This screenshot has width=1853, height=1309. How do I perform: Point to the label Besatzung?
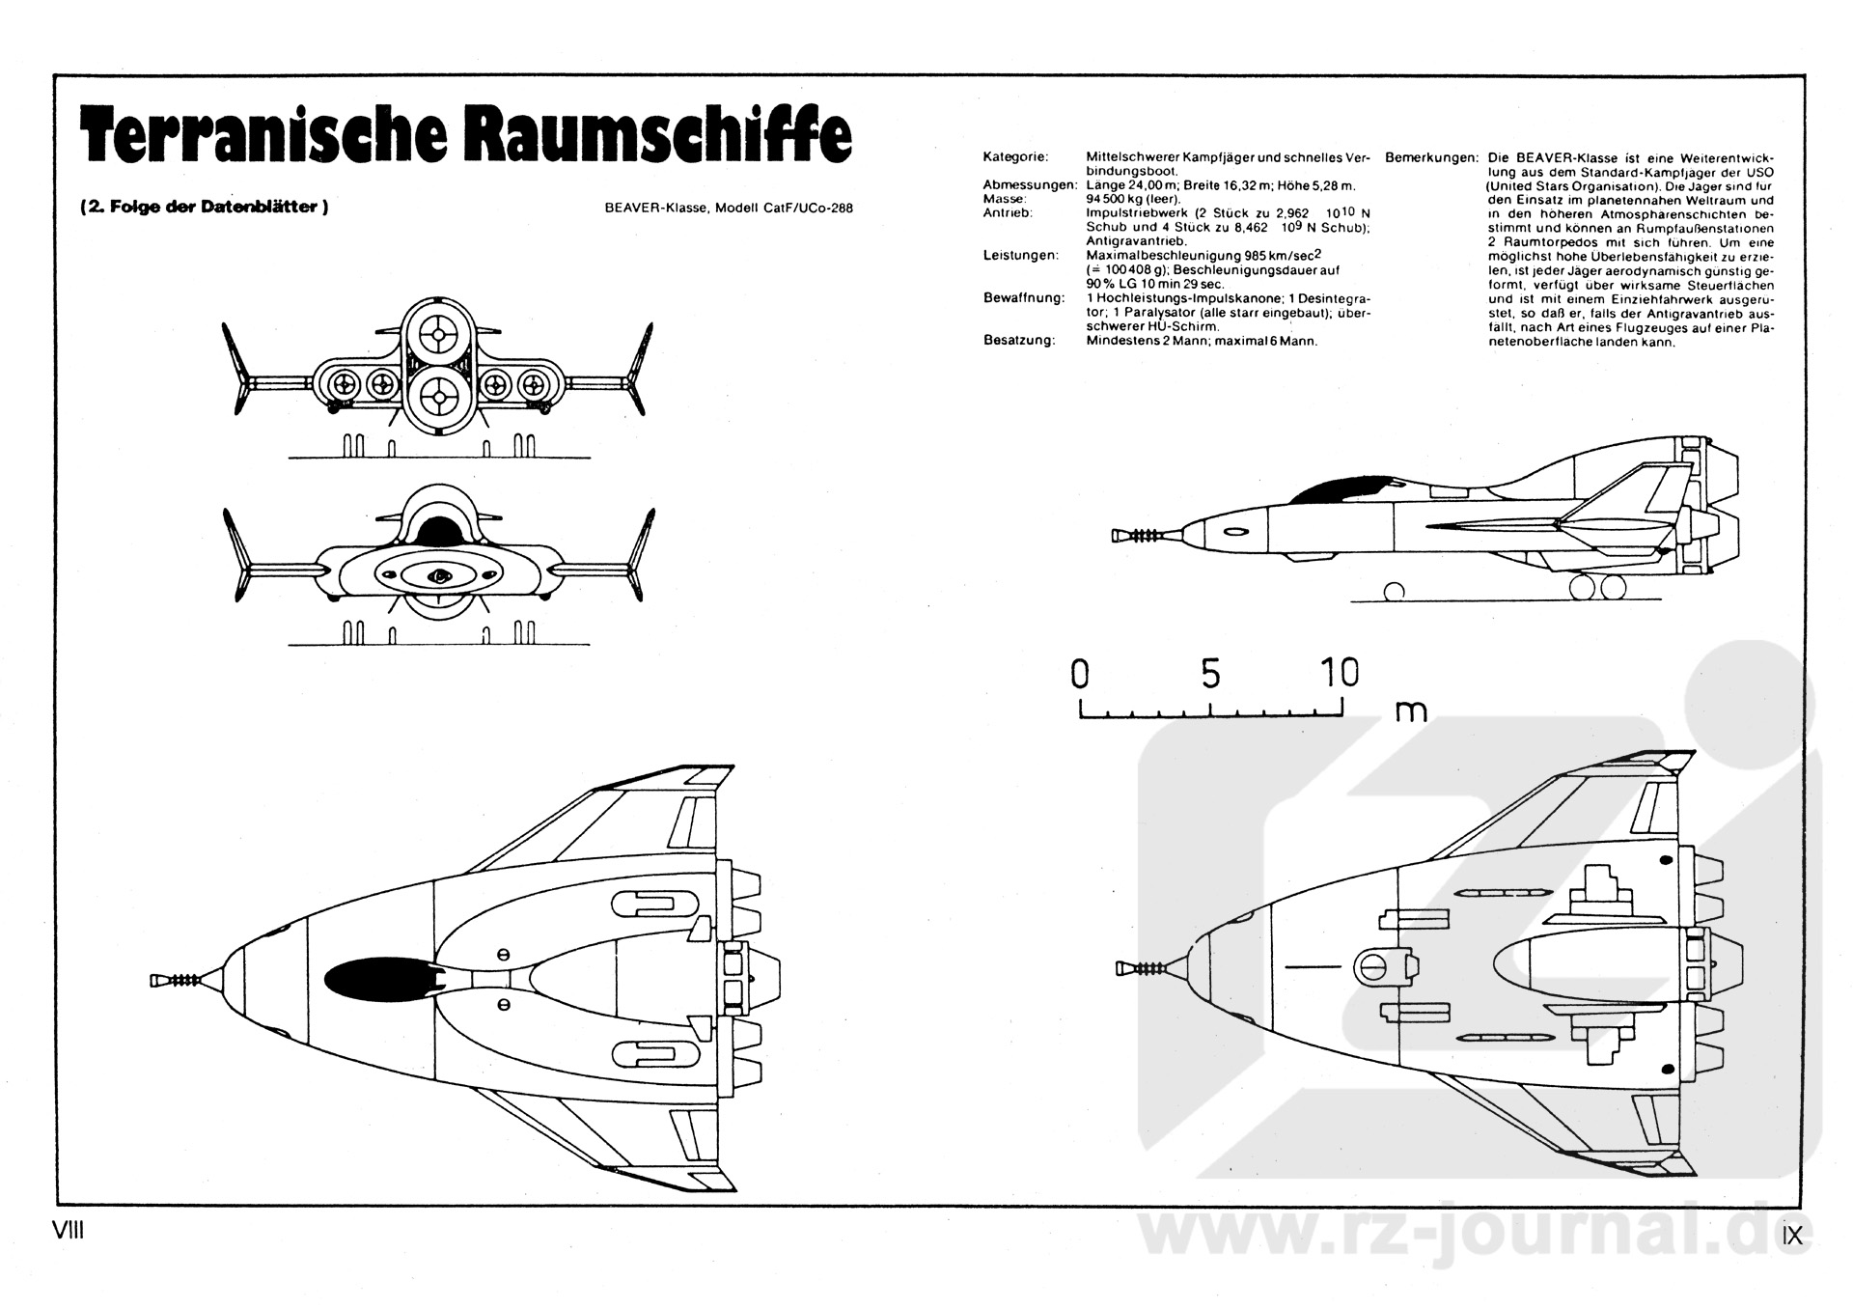[x=1019, y=340]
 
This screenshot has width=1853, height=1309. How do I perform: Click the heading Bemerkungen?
[x=1430, y=156]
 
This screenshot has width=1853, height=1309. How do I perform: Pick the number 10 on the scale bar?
[x=1339, y=673]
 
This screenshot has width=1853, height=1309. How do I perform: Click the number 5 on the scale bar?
[x=1210, y=673]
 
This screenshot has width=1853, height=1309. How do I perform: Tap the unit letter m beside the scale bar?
[x=1410, y=710]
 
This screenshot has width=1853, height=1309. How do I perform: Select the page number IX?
[x=1792, y=1235]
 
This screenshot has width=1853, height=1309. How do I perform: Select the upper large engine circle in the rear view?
[x=437, y=334]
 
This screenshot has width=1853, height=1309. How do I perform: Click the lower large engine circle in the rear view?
[x=438, y=396]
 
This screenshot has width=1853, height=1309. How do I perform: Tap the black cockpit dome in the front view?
[x=440, y=530]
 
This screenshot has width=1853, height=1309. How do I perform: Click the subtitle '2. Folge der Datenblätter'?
[x=204, y=206]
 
